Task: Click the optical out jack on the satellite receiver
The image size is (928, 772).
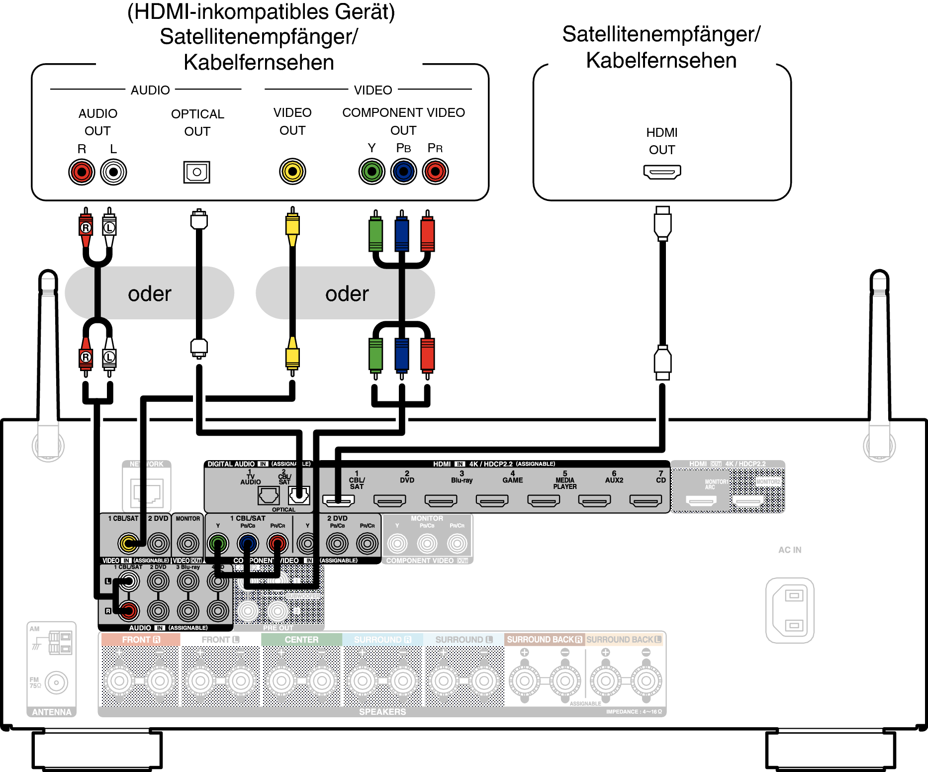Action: pos(197,172)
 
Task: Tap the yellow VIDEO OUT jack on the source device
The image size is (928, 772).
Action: pos(292,172)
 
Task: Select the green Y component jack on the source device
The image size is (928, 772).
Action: pos(371,172)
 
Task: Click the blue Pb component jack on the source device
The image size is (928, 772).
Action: pos(403,172)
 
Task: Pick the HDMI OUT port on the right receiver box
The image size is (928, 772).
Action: pos(662,172)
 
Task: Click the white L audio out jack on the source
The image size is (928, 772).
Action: pos(113,172)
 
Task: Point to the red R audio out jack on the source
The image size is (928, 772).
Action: pos(82,172)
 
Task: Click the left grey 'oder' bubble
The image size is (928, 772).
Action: pos(149,293)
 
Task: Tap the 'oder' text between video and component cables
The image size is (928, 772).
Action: pos(347,293)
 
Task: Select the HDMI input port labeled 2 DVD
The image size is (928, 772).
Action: pos(389,500)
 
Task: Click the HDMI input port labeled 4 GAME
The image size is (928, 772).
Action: pos(492,500)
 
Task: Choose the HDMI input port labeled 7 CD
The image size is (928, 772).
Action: pos(646,500)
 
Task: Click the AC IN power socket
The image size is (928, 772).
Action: pos(790,610)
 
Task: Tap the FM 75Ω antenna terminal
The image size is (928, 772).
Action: pos(56,682)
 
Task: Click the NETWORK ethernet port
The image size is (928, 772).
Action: pos(147,492)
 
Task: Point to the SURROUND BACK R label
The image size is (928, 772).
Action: pos(544,640)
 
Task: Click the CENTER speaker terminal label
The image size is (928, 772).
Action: pos(301,640)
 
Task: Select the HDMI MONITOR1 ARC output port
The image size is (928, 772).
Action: pos(701,500)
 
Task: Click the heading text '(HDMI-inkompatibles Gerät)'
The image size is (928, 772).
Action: pos(261,12)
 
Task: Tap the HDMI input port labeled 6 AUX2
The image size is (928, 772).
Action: pos(594,500)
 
